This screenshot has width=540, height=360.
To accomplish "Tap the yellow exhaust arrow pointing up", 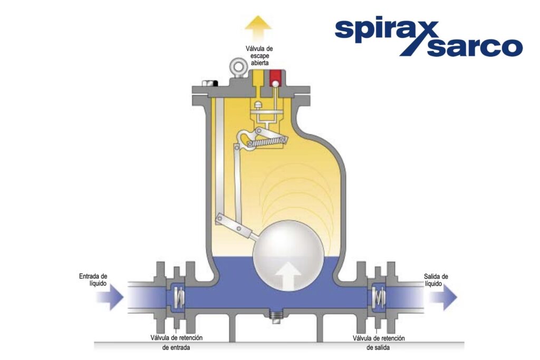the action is tap(258, 28).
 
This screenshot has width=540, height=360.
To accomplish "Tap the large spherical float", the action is tap(288, 255).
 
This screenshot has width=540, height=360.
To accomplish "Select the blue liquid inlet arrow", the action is tap(110, 297).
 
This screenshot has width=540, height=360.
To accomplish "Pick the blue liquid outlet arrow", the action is tap(443, 297).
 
